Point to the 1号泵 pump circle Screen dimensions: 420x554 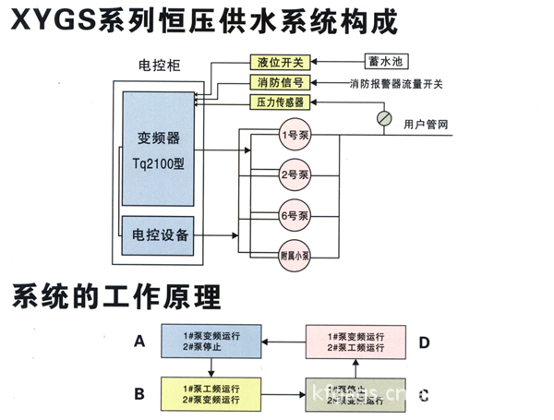[296, 136]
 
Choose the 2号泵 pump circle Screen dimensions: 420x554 [296, 174]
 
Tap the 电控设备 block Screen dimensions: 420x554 [161, 235]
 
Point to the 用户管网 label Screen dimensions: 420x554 [428, 123]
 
